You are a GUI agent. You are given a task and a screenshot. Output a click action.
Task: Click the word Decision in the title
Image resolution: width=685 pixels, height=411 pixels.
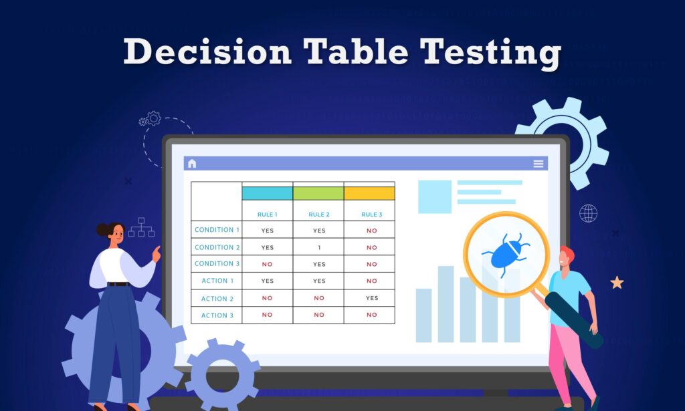tap(207, 53)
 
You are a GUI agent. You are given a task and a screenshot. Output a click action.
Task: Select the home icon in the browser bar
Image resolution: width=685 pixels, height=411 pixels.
tap(192, 164)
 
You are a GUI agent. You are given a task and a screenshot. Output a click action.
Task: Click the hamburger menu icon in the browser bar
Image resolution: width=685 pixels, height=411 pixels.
tap(538, 164)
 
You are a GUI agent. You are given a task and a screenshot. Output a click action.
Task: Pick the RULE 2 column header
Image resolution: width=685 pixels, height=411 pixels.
tap(318, 215)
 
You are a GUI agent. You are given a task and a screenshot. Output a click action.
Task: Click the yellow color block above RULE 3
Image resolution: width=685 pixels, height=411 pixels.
tap(369, 193)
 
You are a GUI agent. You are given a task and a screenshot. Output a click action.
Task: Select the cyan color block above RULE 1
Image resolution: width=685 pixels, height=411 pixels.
tap(267, 193)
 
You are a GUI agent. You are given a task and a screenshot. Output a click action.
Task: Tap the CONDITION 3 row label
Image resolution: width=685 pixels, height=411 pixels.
tap(217, 264)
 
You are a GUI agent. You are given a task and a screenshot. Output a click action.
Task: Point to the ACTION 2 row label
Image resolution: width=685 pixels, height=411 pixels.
tap(217, 299)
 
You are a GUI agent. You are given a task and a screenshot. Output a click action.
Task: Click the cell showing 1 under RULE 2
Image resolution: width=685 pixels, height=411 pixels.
tap(318, 247)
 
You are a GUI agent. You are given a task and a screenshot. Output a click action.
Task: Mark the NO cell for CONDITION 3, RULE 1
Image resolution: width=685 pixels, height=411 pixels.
tap(267, 264)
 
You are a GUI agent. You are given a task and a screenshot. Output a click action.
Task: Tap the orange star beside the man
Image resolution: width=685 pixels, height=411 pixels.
tap(617, 283)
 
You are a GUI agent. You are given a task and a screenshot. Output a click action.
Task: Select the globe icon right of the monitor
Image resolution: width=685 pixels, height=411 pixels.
tap(589, 213)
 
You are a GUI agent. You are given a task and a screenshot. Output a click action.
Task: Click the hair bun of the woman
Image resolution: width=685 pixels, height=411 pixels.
tap(102, 230)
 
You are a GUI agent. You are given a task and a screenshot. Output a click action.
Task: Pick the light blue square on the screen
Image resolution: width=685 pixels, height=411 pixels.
tap(435, 196)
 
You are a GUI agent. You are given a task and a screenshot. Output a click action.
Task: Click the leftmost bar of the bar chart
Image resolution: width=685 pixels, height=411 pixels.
tap(423, 315)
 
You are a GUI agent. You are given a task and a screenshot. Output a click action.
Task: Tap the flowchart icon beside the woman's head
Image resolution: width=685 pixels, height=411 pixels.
tap(141, 227)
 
